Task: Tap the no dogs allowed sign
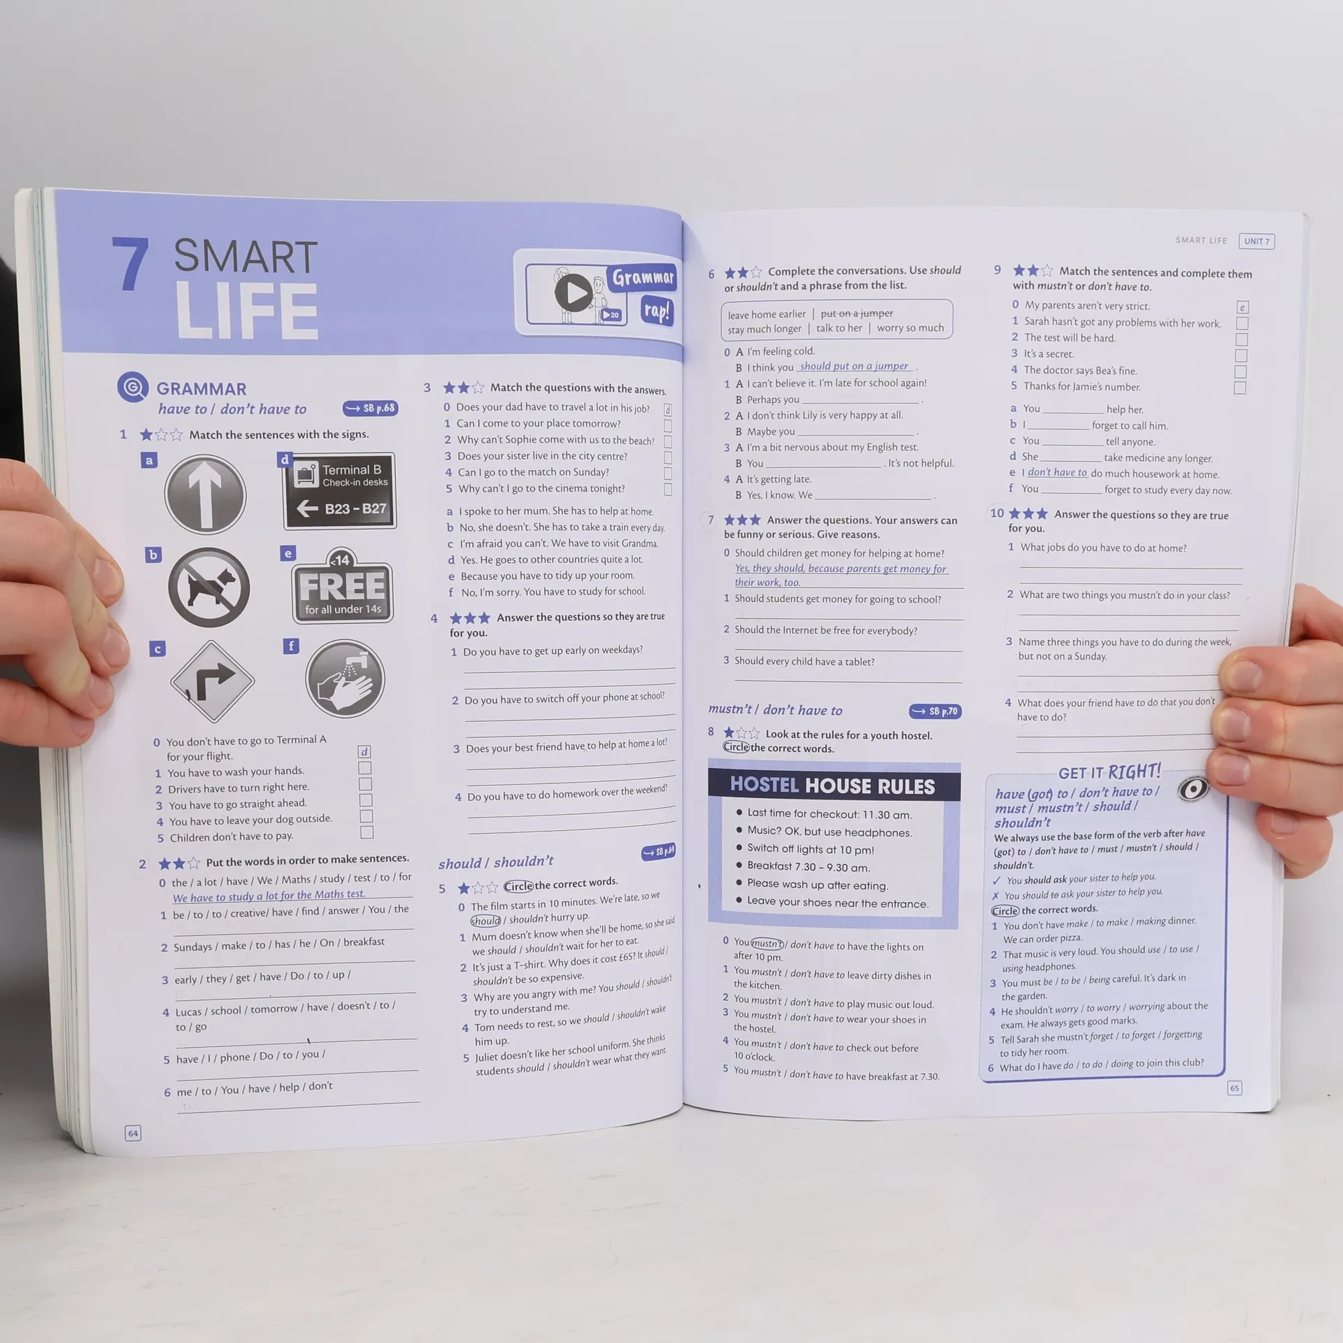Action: (x=209, y=588)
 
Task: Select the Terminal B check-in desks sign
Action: (x=340, y=490)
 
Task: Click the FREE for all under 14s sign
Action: (x=342, y=586)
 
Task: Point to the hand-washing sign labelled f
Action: (x=345, y=678)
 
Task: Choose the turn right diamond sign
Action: (x=212, y=681)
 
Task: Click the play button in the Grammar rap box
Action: (x=574, y=293)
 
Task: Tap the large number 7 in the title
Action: (x=131, y=264)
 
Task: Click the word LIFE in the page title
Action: (x=247, y=311)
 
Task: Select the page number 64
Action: (x=133, y=1133)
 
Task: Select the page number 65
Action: (x=1235, y=1088)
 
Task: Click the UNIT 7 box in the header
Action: (x=1256, y=241)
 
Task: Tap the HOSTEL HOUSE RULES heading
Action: (x=832, y=786)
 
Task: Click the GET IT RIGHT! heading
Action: (x=1109, y=772)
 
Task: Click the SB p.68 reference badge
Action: (x=371, y=408)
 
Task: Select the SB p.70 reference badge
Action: (x=936, y=711)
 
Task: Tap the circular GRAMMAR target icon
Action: (x=133, y=387)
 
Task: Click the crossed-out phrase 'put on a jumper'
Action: (x=856, y=313)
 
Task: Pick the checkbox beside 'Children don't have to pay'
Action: (x=367, y=832)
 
